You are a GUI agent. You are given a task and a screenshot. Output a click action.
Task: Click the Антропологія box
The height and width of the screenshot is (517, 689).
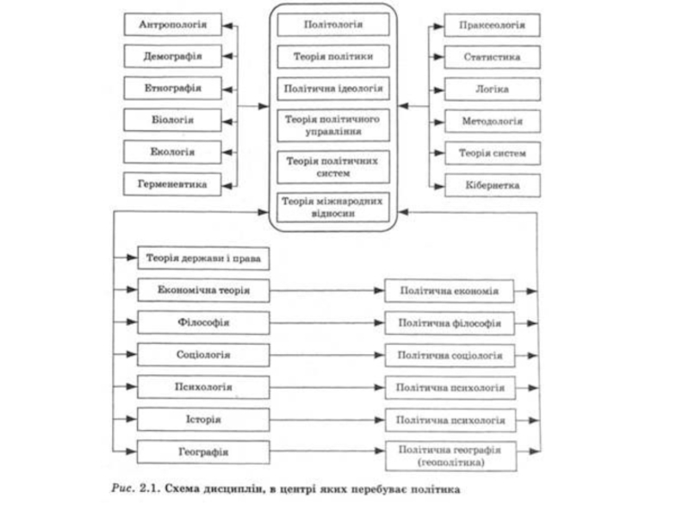tap(173, 25)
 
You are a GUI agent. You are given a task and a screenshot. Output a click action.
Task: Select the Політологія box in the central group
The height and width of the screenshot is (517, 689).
tap(333, 25)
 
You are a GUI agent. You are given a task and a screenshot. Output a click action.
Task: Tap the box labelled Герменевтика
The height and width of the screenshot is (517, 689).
tap(172, 184)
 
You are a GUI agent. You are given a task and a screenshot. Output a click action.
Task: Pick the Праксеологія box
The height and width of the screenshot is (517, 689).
tap(492, 25)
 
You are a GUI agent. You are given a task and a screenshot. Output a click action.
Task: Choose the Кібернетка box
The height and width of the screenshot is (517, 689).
tap(493, 185)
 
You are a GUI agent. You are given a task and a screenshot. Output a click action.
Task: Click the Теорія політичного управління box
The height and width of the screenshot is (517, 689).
tap(333, 125)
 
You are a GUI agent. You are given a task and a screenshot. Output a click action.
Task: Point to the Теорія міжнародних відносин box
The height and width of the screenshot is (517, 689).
tap(333, 208)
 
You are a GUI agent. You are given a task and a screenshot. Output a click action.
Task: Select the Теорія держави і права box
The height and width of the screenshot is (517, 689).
tap(203, 258)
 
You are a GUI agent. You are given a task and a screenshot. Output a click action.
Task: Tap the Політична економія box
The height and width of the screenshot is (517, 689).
tap(449, 291)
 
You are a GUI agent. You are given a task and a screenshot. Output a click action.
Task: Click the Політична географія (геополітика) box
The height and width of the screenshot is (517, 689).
tap(450, 457)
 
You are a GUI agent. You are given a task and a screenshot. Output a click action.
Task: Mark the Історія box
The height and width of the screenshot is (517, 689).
tap(203, 420)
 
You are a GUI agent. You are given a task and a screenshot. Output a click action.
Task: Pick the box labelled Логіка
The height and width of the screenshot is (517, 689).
tap(492, 90)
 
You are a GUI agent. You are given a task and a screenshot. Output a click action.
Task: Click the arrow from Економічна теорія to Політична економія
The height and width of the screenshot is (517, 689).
tap(327, 290)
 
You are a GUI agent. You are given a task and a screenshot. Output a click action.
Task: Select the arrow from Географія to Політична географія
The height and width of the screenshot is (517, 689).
tap(327, 451)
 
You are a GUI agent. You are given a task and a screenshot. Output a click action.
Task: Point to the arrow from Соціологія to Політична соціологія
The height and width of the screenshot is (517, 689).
tap(327, 355)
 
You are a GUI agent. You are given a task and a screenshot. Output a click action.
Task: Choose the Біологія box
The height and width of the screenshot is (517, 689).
tap(172, 120)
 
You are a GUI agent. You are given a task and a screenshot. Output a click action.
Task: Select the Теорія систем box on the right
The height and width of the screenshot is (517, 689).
tap(493, 153)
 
